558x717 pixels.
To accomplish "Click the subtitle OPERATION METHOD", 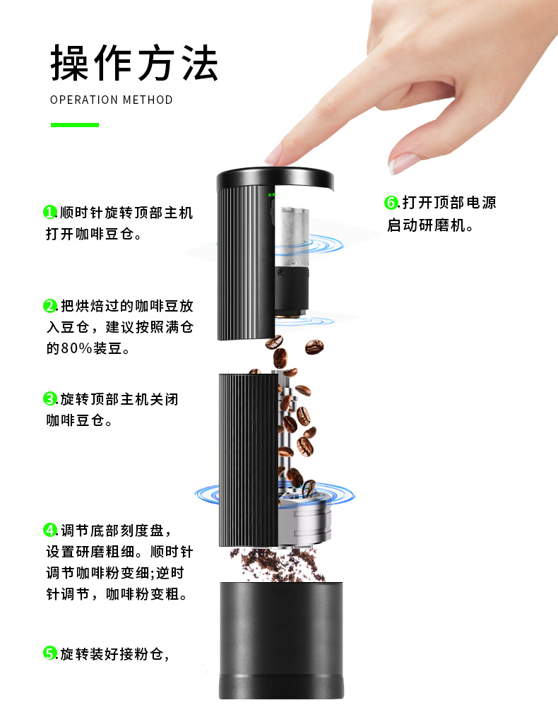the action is click(x=111, y=100).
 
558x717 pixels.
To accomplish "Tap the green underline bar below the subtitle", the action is click(x=75, y=125).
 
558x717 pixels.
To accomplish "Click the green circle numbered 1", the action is click(x=49, y=212).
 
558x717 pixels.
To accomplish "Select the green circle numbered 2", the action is click(x=49, y=305).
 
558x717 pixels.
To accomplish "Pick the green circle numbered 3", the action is click(x=49, y=398).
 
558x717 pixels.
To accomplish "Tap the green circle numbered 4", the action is click(x=49, y=530).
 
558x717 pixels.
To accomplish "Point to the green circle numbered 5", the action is click(x=49, y=653).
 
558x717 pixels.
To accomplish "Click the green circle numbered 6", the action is click(x=391, y=203).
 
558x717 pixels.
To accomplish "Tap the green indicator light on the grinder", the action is click(x=271, y=195).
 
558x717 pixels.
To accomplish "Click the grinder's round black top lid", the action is click(x=275, y=177).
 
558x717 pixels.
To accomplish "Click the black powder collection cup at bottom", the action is click(x=281, y=640).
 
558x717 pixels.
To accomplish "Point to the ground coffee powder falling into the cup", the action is click(x=277, y=564).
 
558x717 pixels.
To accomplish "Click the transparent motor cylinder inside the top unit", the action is click(x=292, y=236).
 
